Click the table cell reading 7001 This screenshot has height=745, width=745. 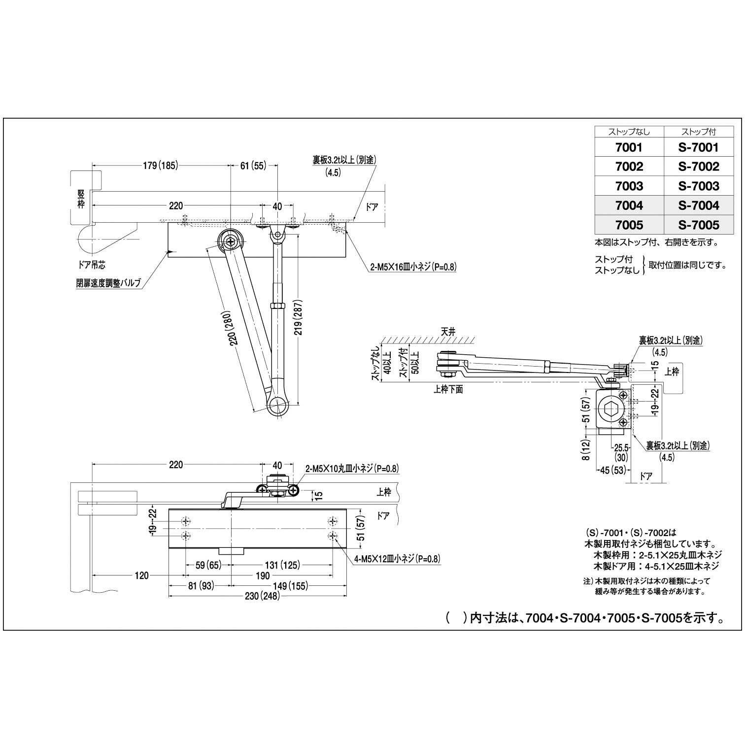pos(629,147)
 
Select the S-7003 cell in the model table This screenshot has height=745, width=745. pos(698,186)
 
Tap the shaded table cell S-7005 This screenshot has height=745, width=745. pos(698,225)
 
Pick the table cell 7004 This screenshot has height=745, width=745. pos(629,205)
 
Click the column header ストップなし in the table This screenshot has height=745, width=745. pos(629,132)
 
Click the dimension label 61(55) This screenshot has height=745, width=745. pos(253,166)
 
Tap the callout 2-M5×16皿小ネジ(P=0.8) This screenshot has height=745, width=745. pos(413,267)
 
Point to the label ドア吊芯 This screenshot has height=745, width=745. pos(92,265)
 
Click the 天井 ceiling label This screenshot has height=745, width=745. pos(448,332)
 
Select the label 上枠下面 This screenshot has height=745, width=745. pos(448,389)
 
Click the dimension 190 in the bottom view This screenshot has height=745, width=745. pos(263,576)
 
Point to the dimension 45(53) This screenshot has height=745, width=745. pos(611,470)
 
